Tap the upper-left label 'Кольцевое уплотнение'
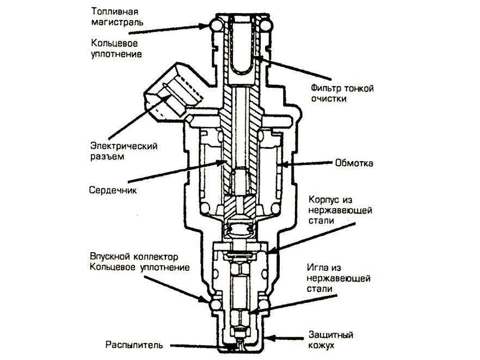click(116, 48)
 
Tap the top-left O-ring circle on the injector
click(212, 25)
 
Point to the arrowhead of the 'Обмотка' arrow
click(282, 163)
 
